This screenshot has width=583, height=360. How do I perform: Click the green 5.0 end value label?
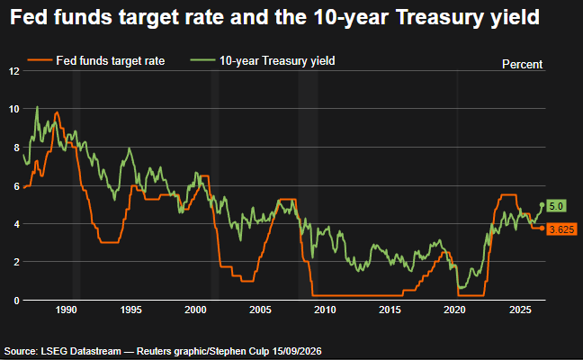coord(556,206)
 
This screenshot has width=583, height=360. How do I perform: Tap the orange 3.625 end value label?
coord(561,229)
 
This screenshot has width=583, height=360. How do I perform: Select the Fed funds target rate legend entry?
coord(96,60)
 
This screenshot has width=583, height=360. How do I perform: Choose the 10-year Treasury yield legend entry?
coord(263,60)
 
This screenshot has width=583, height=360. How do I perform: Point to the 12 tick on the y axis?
coord(14,71)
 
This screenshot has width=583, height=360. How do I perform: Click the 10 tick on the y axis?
coord(14,109)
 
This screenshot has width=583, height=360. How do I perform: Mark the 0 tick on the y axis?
coord(16,301)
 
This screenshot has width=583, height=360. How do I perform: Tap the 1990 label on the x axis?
coord(66,310)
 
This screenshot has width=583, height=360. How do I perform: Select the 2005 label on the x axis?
coord(260,310)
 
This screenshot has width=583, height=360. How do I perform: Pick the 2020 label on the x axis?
coord(454,310)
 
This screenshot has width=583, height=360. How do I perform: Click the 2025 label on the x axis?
coord(520,310)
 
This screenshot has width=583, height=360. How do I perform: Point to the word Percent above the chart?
coord(522,64)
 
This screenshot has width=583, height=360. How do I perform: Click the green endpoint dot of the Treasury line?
coord(542,205)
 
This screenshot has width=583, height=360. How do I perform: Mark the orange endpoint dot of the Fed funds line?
coord(542,228)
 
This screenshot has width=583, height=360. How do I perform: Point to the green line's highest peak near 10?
coord(37,107)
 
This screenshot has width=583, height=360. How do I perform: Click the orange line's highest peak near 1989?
coord(57,112)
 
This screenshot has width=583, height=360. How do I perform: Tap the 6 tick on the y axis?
coord(16,186)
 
